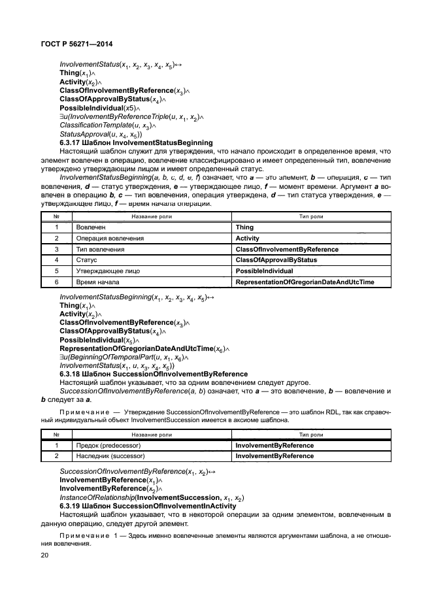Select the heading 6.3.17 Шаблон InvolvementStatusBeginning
pyautogui.click(x=136, y=142)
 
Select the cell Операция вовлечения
pyautogui.click(x=106, y=238)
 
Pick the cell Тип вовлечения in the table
pyautogui.click(x=99, y=249)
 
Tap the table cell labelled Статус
pyautogui.click(x=86, y=259)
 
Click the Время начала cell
pyautogui.click(x=97, y=282)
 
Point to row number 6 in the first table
pyautogui.click(x=56, y=282)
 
